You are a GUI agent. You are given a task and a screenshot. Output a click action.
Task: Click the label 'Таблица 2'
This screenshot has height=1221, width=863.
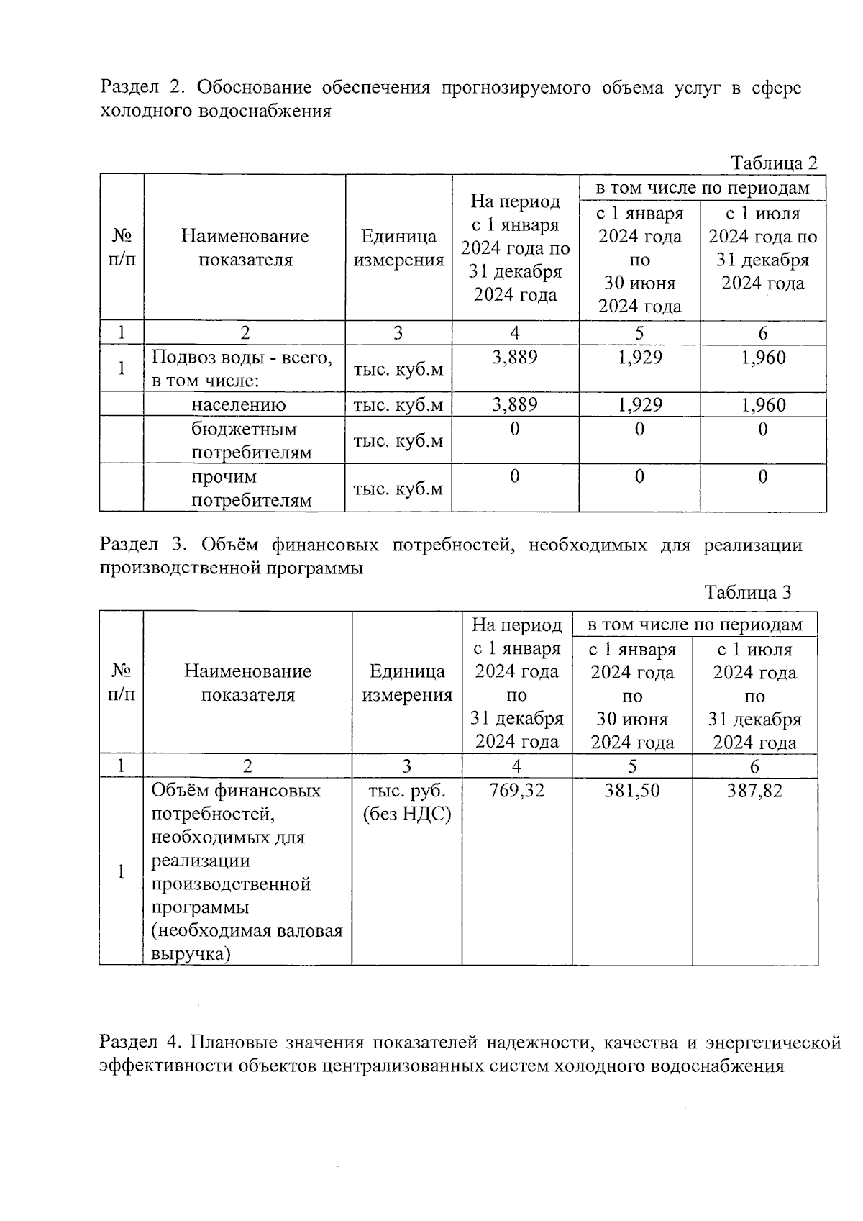(774, 163)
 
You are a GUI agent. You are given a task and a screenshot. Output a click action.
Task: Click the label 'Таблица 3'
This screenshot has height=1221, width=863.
(748, 592)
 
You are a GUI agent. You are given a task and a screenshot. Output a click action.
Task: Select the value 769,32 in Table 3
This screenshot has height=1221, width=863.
(516, 791)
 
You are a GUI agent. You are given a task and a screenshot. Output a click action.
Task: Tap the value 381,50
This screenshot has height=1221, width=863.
(632, 791)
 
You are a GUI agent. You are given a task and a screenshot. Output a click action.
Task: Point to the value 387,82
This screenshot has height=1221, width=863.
(754, 791)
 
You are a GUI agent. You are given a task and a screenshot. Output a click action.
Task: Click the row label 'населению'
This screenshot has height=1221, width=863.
(238, 405)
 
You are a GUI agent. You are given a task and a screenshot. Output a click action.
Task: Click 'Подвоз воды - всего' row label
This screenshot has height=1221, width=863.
(241, 358)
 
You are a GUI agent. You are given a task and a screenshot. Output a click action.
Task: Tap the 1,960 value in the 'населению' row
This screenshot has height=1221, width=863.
(763, 405)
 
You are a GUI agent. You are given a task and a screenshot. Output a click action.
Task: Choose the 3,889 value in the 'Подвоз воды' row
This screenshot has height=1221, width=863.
(515, 358)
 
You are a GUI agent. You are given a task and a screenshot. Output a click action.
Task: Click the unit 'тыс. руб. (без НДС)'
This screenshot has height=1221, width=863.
(406, 802)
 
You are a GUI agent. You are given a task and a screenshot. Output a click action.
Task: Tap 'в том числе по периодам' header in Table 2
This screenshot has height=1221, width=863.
(702, 188)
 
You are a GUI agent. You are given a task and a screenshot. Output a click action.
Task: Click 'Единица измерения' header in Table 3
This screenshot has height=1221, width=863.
(406, 683)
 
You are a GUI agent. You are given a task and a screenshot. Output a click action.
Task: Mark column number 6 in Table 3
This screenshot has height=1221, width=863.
(754, 766)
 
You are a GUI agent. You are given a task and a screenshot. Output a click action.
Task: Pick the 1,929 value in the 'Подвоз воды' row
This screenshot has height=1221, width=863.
(639, 358)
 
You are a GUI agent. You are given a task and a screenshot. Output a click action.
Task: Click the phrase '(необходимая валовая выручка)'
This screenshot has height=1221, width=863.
(246, 943)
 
